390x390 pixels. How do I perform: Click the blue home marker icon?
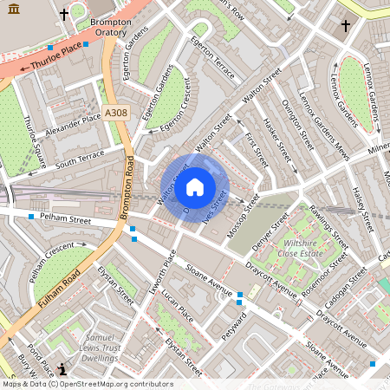click(x=195, y=186)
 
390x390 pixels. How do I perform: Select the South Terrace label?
click(x=79, y=157)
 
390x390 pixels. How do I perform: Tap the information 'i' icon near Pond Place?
click(x=62, y=367)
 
